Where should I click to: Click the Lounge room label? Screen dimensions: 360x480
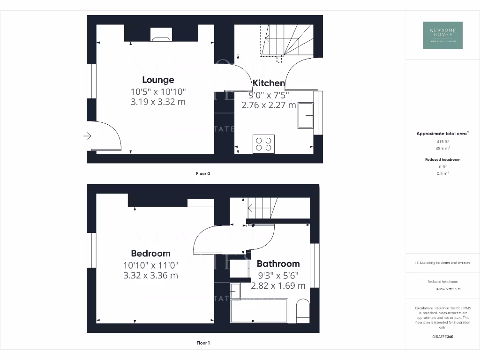point(158,80)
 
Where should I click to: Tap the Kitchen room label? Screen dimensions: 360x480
point(269,83)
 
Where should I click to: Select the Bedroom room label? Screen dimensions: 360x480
point(150,254)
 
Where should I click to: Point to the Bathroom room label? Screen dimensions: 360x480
point(278,264)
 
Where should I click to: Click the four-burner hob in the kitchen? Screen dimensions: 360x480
point(263,143)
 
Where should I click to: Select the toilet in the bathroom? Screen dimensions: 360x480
point(303,310)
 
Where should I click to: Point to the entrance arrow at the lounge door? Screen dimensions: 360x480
point(87,136)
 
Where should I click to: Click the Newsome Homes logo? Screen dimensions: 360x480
point(442,35)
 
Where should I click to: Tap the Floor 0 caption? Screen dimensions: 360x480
point(203,174)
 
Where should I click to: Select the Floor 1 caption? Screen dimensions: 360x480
point(203,343)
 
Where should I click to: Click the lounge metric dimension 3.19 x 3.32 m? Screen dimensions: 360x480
point(158,101)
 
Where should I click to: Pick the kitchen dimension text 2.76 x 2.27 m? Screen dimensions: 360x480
point(269,105)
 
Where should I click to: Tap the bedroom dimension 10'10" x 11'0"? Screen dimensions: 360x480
point(150,265)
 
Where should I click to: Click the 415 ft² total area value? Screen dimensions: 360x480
point(442,141)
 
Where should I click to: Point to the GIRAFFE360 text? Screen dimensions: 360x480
point(442,337)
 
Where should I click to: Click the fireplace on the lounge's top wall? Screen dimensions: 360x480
point(161,35)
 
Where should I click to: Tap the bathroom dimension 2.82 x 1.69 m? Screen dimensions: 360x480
point(278,285)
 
